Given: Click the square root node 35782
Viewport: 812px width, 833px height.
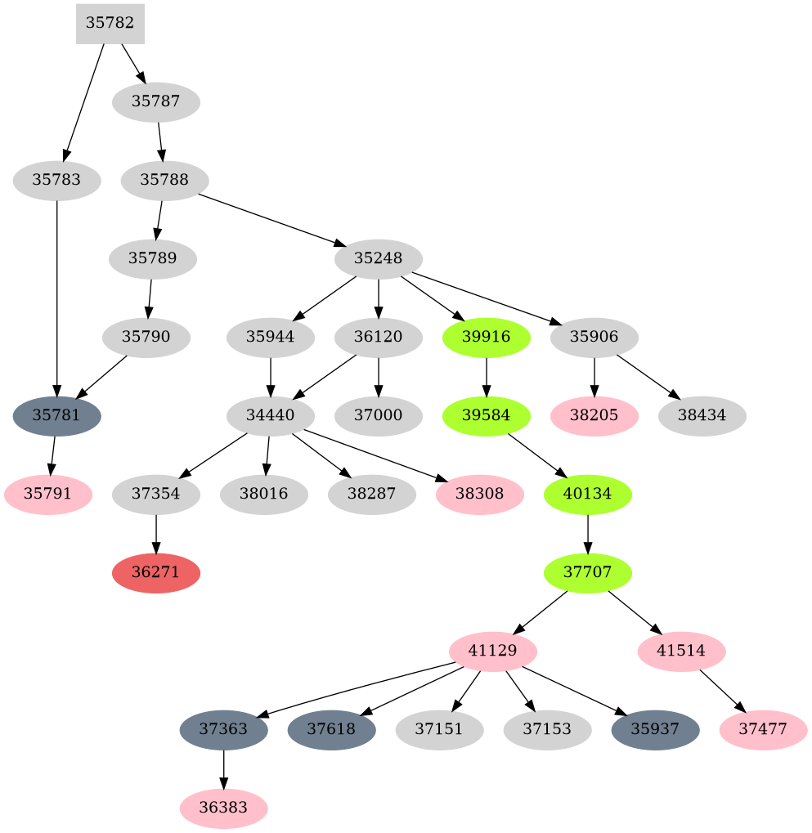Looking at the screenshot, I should click(x=110, y=24).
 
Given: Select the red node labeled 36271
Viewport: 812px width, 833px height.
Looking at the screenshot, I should click(x=155, y=572).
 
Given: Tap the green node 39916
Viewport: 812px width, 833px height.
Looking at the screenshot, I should click(x=487, y=337).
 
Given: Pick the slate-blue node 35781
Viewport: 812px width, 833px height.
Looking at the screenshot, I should click(x=56, y=415).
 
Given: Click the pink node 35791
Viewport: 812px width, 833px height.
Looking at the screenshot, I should click(x=47, y=494).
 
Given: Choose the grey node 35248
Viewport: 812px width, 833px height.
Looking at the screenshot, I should click(x=378, y=258).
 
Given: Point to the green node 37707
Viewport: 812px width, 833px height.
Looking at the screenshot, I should click(x=587, y=572).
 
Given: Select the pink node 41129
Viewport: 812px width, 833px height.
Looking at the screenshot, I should click(x=492, y=651).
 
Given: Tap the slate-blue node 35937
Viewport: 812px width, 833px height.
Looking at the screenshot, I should click(x=655, y=729).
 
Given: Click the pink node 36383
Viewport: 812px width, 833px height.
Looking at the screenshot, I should click(x=223, y=808).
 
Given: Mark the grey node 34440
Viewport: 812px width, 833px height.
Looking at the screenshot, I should click(x=270, y=415).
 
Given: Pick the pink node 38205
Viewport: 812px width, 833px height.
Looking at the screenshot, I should click(x=594, y=415).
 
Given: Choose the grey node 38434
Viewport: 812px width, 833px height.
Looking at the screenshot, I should click(x=702, y=415).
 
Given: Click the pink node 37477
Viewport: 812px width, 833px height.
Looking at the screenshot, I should click(x=763, y=729).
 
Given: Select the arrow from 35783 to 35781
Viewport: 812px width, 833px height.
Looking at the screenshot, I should click(x=56, y=294).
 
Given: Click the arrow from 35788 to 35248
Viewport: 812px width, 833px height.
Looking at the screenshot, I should click(x=270, y=218).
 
